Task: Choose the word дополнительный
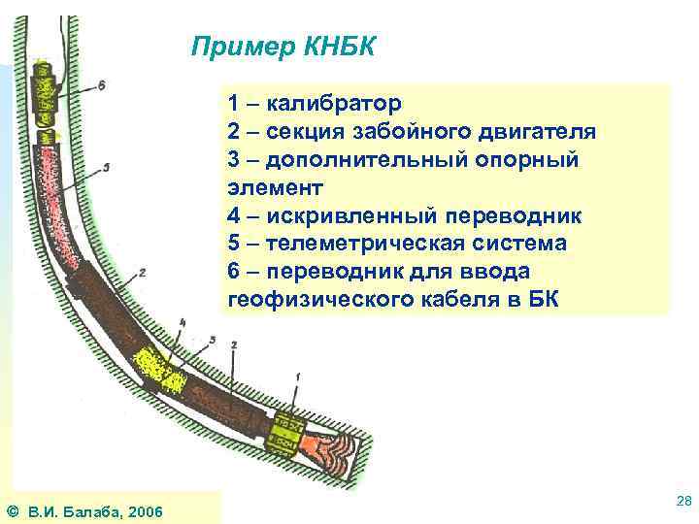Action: [x=372, y=159]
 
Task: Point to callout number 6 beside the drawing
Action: [x=101, y=85]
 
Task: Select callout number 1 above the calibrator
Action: [x=296, y=376]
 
